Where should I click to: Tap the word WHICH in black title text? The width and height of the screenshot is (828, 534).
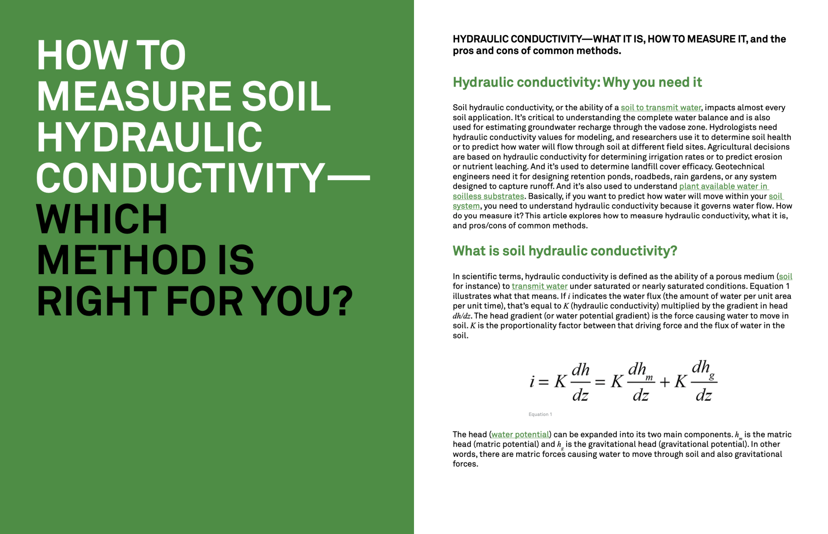[x=102, y=219]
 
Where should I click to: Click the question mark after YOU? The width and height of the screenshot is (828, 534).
[x=344, y=301]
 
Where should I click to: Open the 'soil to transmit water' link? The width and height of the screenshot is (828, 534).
[x=661, y=108]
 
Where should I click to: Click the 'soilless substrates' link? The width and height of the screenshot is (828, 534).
[x=488, y=197]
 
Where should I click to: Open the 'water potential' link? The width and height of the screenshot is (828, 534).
[x=520, y=434]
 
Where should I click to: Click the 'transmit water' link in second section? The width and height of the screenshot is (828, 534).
[x=539, y=286]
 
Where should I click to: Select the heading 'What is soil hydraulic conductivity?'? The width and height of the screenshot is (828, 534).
[x=565, y=251]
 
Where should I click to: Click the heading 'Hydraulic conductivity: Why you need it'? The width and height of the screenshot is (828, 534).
[x=577, y=82]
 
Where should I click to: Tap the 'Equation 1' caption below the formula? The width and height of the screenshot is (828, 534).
[x=540, y=415]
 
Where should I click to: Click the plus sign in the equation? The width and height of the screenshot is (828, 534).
[x=665, y=382]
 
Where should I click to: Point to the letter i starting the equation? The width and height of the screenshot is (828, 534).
[x=532, y=381]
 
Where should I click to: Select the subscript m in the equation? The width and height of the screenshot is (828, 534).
[x=649, y=378]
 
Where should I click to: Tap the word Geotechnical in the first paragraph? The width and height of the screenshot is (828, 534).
[x=740, y=167]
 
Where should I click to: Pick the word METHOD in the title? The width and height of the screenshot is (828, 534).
[x=122, y=260]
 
